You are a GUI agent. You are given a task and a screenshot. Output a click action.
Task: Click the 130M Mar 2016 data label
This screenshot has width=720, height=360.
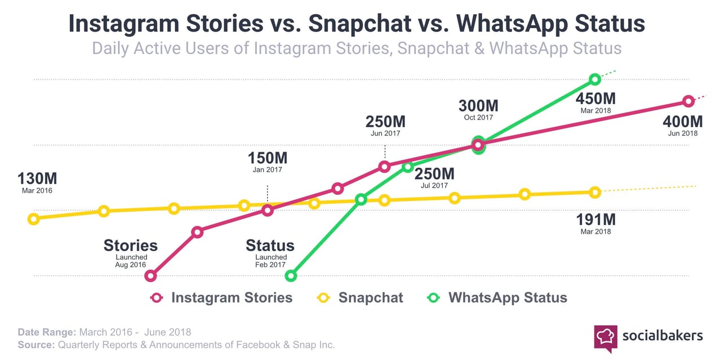(37, 183)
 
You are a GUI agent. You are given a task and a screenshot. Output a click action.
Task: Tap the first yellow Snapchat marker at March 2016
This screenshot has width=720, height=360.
(33, 219)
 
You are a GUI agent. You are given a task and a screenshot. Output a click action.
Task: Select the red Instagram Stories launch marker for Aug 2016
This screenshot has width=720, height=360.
(150, 275)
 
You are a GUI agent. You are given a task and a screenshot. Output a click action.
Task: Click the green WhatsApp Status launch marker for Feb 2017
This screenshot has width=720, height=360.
(291, 275)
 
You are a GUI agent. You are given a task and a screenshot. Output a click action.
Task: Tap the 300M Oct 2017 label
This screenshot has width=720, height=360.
(478, 109)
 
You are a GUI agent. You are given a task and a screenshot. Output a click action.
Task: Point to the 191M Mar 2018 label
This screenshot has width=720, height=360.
(595, 222)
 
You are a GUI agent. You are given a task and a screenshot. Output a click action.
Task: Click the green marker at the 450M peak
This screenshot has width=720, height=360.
(595, 79)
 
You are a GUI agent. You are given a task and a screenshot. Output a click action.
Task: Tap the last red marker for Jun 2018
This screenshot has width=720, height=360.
(688, 101)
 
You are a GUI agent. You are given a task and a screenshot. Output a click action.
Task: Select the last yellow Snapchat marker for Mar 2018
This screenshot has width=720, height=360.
(595, 192)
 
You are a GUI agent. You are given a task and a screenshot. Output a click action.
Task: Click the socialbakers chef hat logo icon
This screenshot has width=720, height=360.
(605, 336)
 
